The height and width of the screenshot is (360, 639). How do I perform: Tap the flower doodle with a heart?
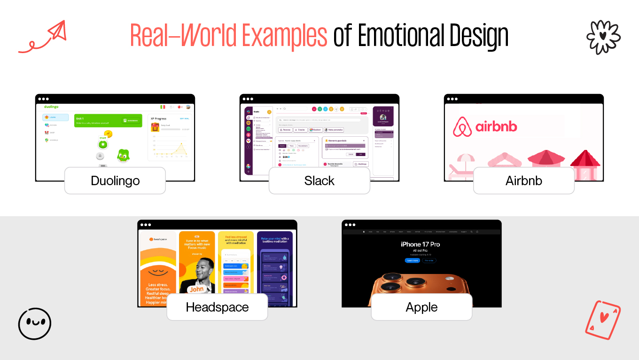(x=603, y=37)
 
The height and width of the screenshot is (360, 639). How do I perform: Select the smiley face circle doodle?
(x=35, y=324)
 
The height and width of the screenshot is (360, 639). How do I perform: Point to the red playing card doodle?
(x=603, y=320)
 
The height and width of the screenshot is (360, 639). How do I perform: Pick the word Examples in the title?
(x=284, y=36)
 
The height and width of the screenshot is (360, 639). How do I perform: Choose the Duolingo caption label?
(x=115, y=180)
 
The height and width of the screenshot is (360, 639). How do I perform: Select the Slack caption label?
(x=319, y=180)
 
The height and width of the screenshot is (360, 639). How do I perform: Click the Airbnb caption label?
(x=523, y=180)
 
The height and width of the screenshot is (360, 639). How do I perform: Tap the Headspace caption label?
(x=217, y=307)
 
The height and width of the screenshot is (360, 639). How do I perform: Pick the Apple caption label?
(x=421, y=307)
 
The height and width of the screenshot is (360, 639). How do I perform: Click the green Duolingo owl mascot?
(x=124, y=155)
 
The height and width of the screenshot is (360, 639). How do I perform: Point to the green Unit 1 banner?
(x=108, y=121)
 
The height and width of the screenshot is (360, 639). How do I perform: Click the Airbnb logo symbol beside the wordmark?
(x=462, y=127)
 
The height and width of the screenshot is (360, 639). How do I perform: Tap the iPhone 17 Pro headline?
(x=420, y=244)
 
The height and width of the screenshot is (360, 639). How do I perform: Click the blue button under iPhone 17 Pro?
(x=412, y=260)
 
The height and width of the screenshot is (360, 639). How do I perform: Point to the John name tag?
(x=196, y=289)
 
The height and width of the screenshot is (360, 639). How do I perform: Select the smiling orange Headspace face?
(x=157, y=271)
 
